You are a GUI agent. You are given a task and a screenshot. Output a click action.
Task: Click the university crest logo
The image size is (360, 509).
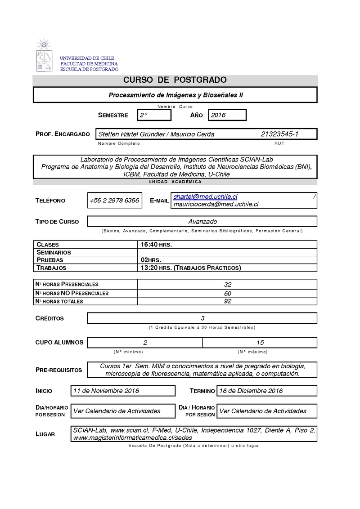point(45,56)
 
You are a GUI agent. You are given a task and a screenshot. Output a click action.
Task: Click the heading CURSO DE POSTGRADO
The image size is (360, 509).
point(175,80)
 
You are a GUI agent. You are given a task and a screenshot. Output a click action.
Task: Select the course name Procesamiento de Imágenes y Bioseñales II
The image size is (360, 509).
point(175,95)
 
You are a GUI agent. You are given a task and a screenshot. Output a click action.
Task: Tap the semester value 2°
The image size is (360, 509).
point(144,115)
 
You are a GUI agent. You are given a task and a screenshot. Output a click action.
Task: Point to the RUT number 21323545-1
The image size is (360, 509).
point(279,134)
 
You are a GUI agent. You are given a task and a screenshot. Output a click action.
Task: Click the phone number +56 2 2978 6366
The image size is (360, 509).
point(114,201)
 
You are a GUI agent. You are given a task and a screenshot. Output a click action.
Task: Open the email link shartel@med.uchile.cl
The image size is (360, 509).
point(205,197)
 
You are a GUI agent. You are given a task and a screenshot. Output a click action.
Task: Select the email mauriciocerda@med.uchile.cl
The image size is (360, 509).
point(216,204)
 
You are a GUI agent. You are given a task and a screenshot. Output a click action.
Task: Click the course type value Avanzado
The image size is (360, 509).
point(202,221)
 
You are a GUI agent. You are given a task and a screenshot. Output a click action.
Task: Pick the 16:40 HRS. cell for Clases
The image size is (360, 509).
point(156,244)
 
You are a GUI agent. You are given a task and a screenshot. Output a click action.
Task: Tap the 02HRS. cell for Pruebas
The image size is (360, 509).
point(151,260)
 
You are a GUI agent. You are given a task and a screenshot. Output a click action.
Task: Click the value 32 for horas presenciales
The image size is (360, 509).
point(227,285)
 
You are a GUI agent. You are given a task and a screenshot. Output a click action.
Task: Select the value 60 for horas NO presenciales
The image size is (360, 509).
point(227,293)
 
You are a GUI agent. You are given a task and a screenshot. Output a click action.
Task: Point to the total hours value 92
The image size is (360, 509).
point(227,301)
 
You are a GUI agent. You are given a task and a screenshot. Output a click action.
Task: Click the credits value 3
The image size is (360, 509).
point(202,318)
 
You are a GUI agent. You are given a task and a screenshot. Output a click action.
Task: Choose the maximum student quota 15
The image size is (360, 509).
point(260,342)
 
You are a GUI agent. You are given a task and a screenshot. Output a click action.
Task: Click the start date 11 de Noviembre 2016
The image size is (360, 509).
point(106,391)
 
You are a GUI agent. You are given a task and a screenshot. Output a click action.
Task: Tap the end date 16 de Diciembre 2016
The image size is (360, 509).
point(251,391)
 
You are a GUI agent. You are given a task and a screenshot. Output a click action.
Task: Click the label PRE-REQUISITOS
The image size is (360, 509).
point(58,370)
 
